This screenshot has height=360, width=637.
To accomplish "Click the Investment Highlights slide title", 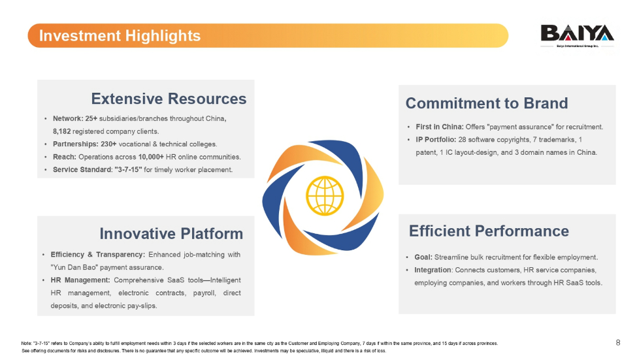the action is [120, 36].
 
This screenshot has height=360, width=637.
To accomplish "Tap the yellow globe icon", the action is [325, 195].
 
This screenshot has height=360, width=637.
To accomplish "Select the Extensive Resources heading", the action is [169, 99].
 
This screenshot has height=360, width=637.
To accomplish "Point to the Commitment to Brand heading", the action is [487, 103].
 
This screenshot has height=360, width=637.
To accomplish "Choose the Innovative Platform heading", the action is [171, 234].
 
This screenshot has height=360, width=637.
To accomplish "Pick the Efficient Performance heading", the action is [489, 231].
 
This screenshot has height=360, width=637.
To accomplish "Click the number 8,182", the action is [62, 131].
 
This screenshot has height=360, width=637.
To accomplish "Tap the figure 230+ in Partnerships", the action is [108, 144].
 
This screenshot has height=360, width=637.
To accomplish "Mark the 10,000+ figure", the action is [151, 157].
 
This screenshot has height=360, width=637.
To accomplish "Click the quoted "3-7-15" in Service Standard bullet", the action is [128, 169].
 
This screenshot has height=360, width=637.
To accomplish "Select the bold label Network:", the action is [68, 119].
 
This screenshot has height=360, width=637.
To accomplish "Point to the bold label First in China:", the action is [440, 127].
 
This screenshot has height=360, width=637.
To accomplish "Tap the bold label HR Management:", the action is [80, 280].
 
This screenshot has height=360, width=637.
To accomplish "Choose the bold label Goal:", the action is [423, 257].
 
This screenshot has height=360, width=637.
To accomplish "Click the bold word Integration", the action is [433, 270].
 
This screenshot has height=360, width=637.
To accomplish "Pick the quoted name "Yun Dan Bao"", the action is [74, 267].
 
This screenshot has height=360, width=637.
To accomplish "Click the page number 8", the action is [618, 342].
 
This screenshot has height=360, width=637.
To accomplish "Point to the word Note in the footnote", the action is [25, 344].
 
